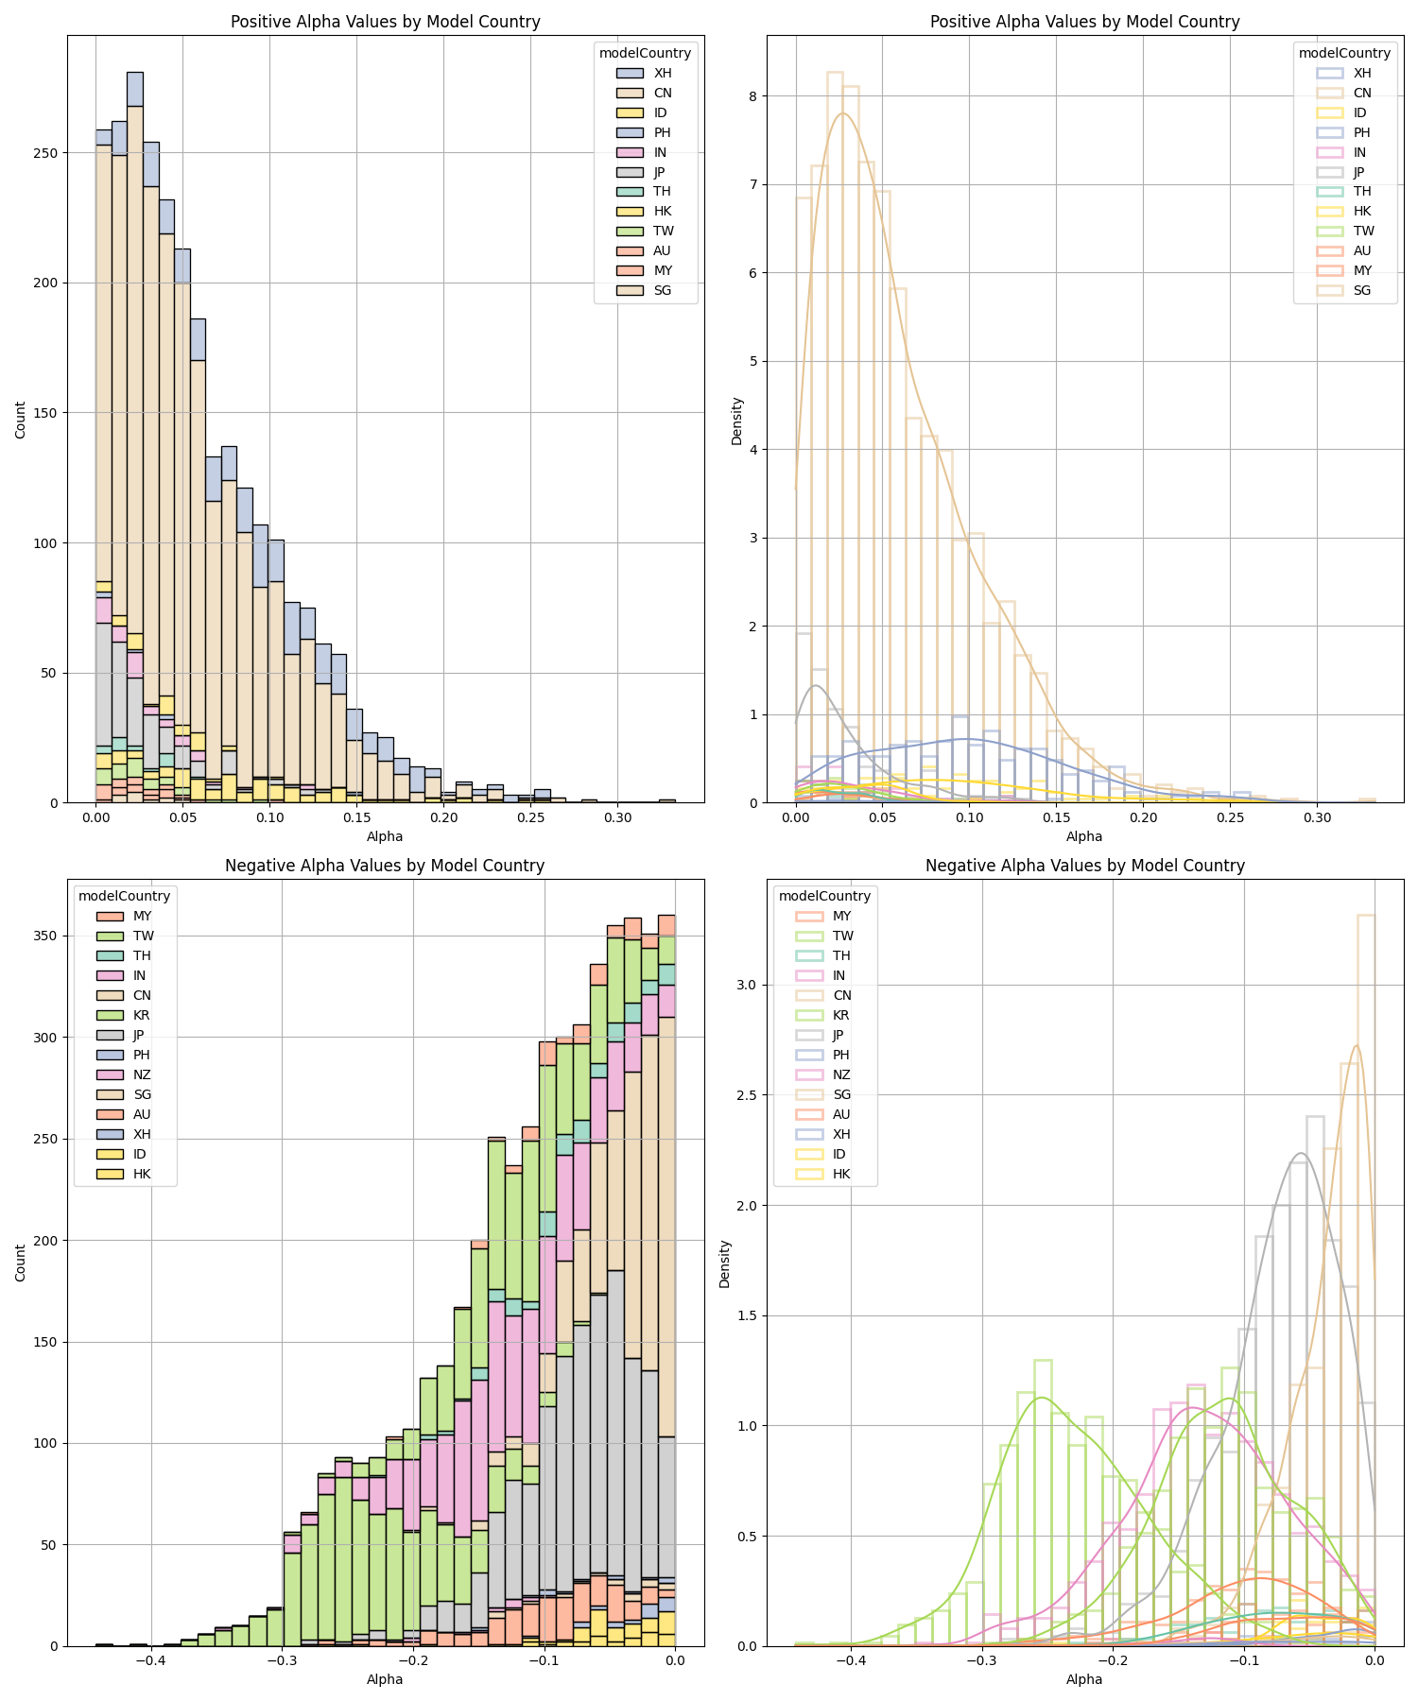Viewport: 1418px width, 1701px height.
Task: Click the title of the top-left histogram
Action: pyautogui.click(x=385, y=22)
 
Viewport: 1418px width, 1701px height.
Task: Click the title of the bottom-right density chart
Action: pyautogui.click(x=1084, y=866)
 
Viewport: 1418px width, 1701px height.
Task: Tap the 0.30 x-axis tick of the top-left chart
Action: pyautogui.click(x=618, y=816)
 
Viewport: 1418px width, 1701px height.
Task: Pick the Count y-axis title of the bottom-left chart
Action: pyautogui.click(x=21, y=1263)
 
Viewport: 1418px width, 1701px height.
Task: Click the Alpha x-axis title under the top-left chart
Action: pyautogui.click(x=385, y=836)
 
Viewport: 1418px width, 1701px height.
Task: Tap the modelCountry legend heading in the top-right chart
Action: pyautogui.click(x=1344, y=53)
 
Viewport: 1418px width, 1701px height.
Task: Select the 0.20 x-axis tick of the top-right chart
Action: pyautogui.click(x=1144, y=816)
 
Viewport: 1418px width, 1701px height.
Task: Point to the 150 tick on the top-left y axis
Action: pyautogui.click(x=49, y=413)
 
